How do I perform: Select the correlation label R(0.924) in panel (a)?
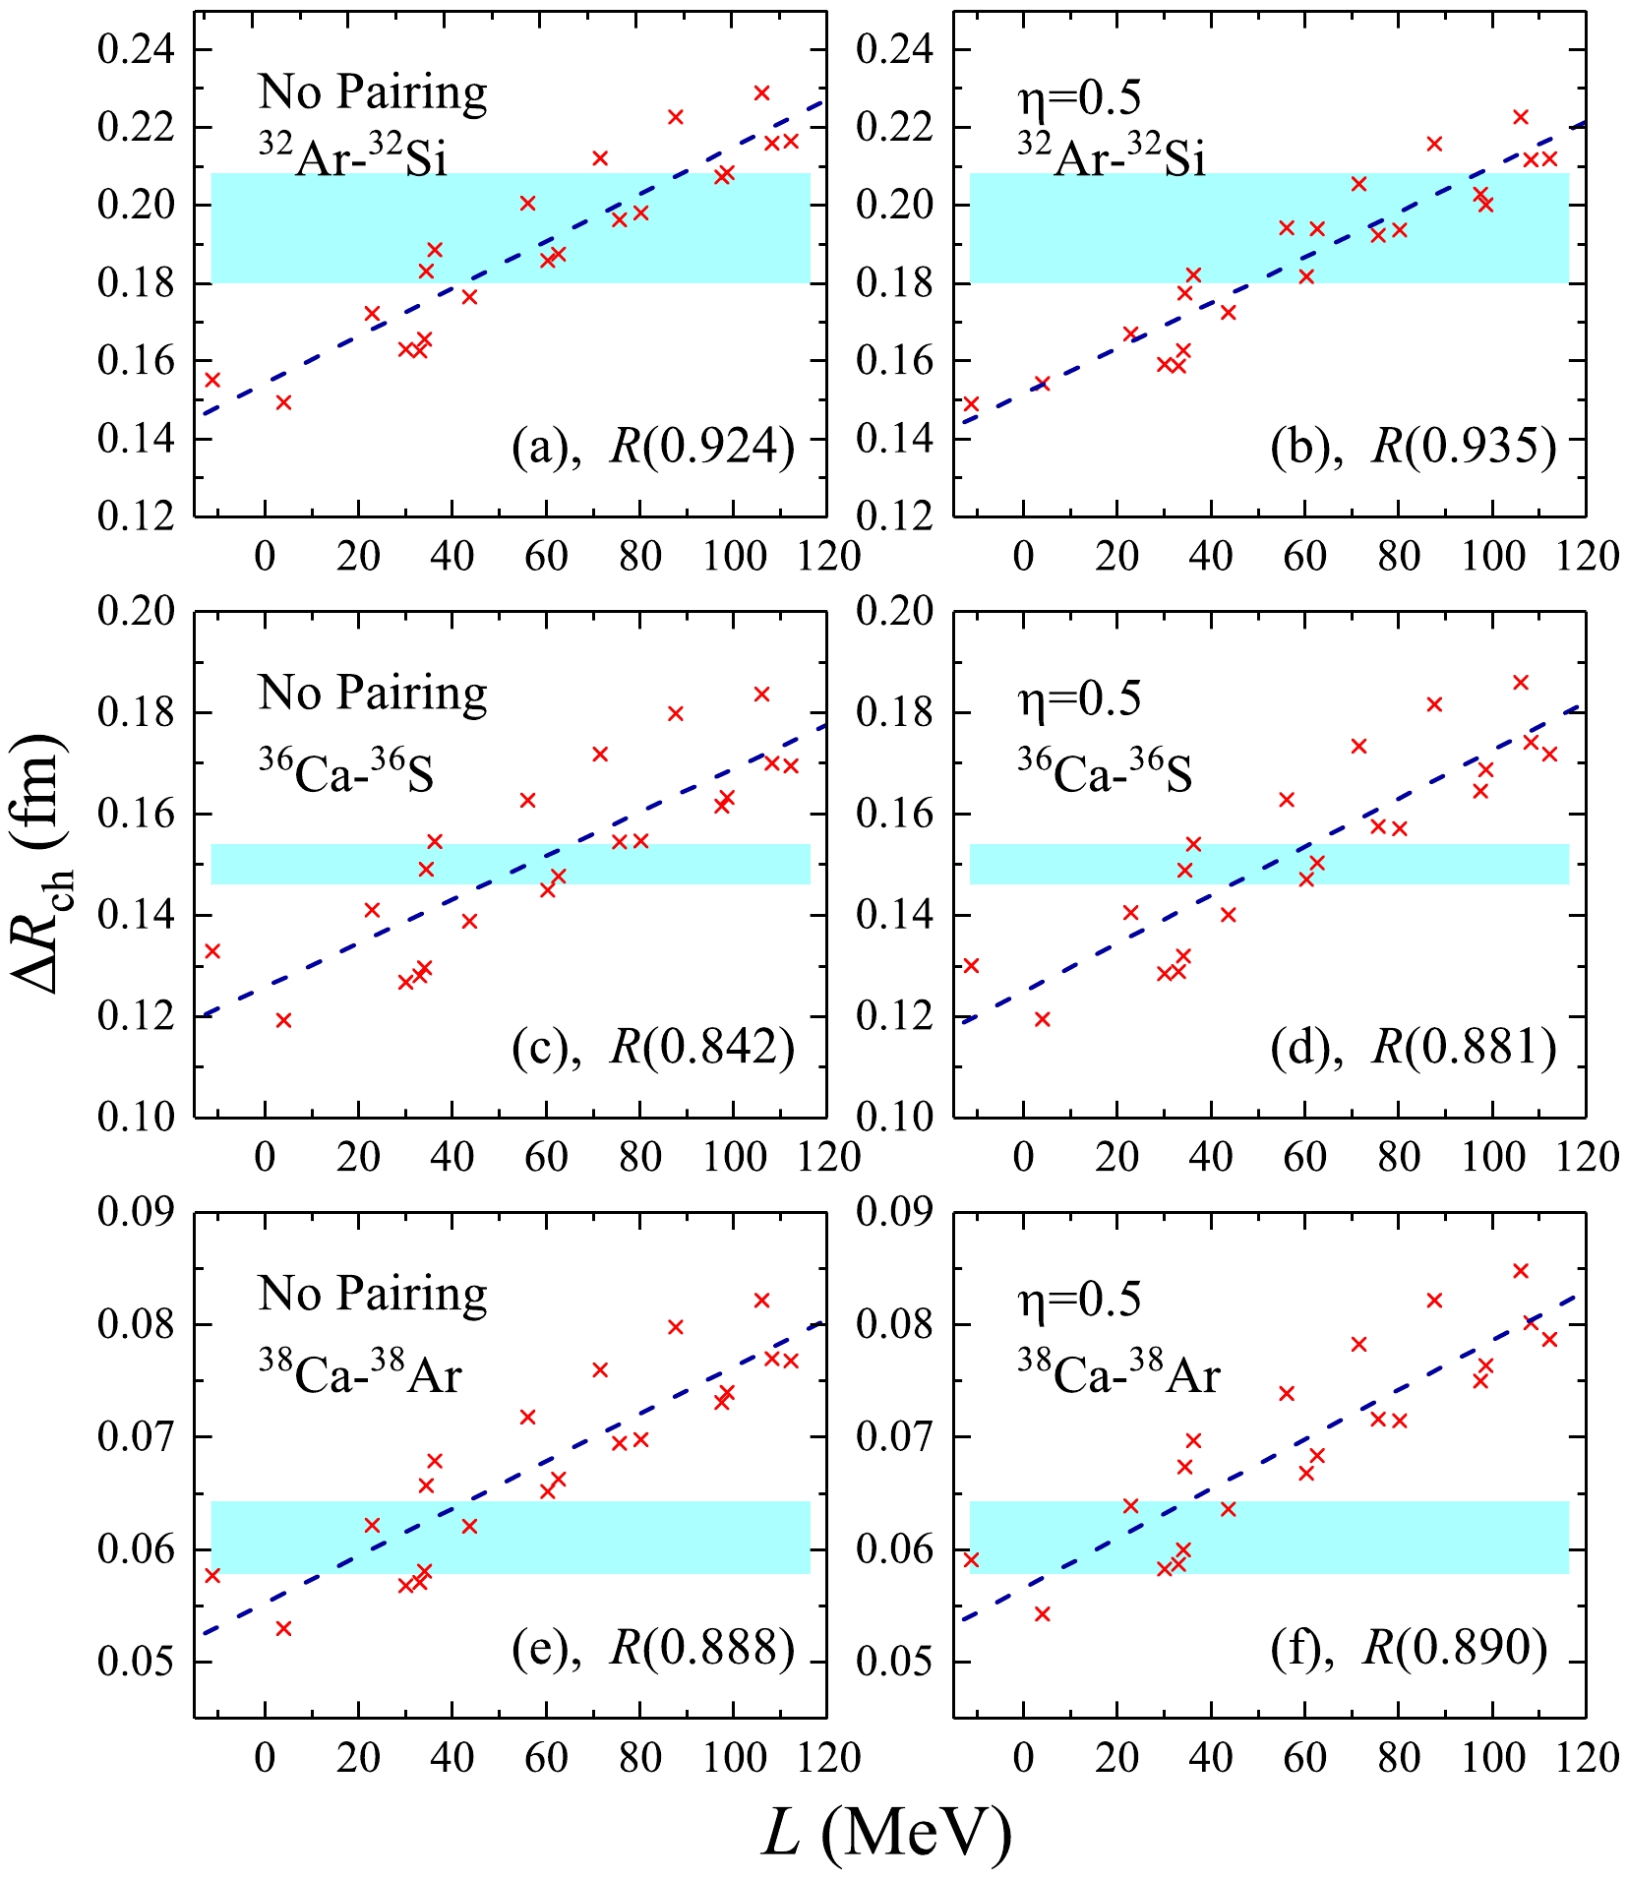[701, 447]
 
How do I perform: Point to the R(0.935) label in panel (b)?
[1463, 447]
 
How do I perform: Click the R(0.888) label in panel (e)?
[701, 1647]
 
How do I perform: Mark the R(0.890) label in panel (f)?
[1455, 1647]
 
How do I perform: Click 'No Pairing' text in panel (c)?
[373, 694]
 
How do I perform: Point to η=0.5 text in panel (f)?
[1079, 1300]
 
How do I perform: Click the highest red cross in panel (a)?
[761, 93]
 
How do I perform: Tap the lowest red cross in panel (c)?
[283, 1020]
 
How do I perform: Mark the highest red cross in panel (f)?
[1520, 1271]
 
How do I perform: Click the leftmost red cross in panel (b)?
[971, 403]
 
